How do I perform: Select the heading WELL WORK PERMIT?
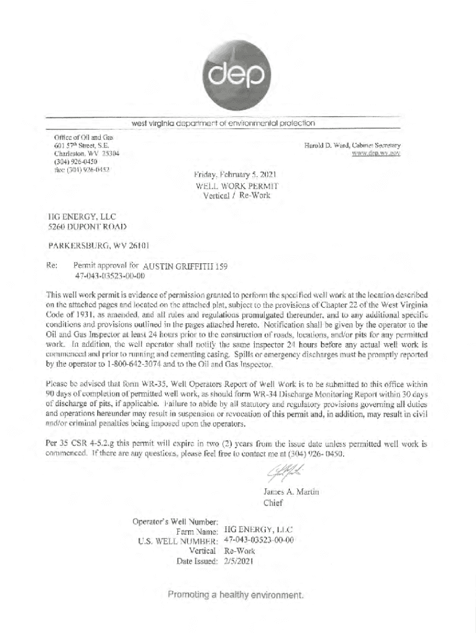pos(237,185)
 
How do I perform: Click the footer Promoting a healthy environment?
pos(236,595)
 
